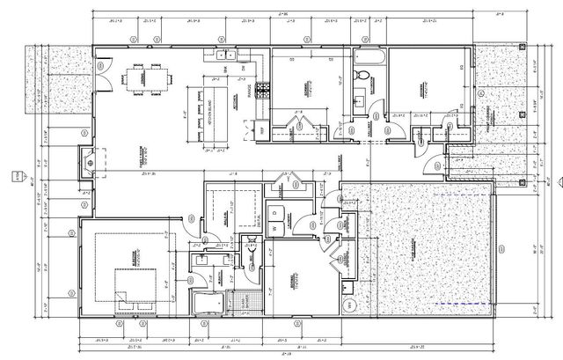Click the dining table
(x=140, y=79)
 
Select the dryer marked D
(x=274, y=212)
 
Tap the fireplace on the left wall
(x=89, y=161)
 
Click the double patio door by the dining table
(x=103, y=70)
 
